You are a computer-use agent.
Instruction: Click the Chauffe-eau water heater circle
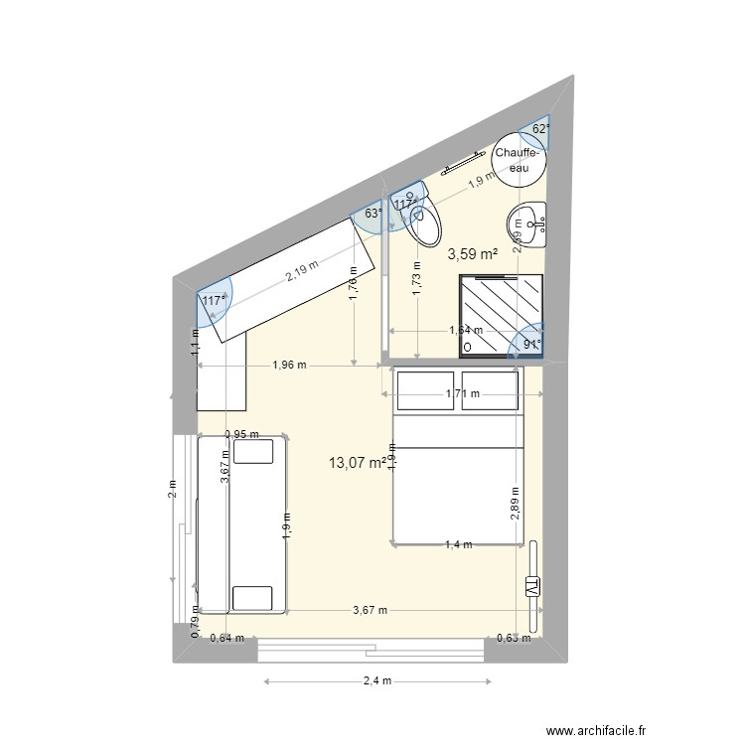(x=519, y=159)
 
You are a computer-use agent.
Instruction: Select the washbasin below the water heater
(x=526, y=223)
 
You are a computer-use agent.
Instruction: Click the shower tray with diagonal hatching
(x=501, y=312)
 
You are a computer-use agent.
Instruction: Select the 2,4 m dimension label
(x=377, y=681)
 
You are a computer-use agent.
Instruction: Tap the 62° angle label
(x=539, y=129)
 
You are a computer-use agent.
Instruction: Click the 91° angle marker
(x=532, y=346)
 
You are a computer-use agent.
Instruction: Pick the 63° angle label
(x=372, y=213)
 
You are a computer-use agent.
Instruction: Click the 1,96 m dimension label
(x=288, y=365)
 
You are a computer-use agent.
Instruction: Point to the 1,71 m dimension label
(x=463, y=394)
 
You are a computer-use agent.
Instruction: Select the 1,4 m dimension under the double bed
(x=458, y=544)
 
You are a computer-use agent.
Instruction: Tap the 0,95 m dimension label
(x=241, y=434)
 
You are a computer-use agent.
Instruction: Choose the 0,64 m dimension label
(x=224, y=639)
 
